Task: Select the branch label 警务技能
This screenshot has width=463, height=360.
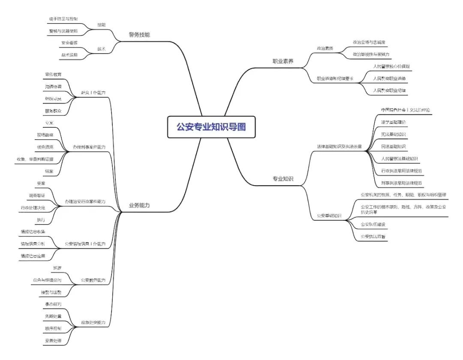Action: (139, 35)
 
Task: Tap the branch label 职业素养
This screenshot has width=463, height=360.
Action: (283, 61)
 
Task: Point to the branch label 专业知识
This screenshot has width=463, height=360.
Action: (283, 179)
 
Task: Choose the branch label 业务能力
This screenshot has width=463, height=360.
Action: (139, 206)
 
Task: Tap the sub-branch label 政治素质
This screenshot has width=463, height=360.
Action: (325, 48)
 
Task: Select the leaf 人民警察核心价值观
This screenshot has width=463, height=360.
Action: (391, 66)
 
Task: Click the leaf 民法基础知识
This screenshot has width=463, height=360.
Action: (393, 147)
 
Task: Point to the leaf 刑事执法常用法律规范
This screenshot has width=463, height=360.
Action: (401, 183)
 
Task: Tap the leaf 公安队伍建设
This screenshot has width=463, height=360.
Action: (373, 224)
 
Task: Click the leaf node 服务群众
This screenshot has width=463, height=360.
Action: (53, 111)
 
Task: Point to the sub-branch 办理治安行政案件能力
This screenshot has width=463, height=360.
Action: (85, 201)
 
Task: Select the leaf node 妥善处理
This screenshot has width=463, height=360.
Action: (53, 341)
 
